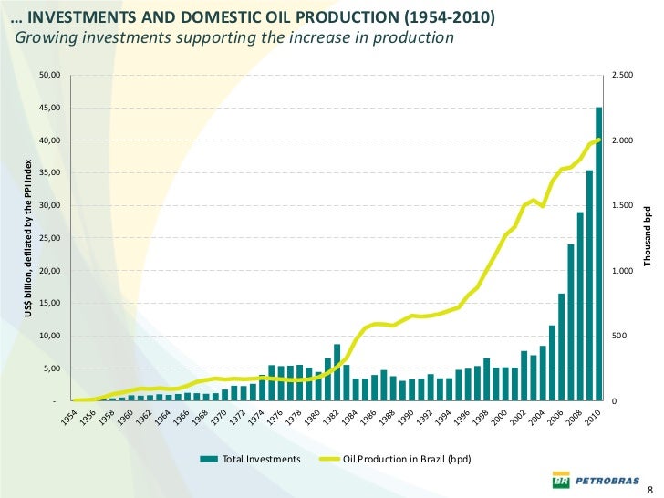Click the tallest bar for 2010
click(599, 255)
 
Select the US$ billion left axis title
click(28, 238)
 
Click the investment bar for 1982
click(337, 372)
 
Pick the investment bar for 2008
click(580, 306)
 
